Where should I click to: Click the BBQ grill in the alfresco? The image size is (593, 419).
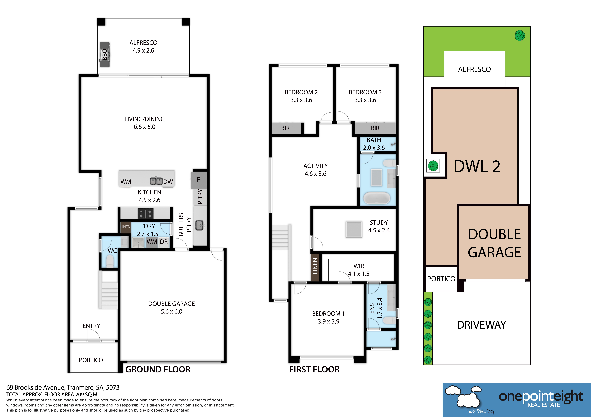[105, 54]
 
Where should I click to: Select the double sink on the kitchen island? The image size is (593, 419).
[156, 181]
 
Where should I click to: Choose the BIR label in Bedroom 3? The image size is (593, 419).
[375, 128]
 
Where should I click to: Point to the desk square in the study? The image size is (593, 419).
[354, 229]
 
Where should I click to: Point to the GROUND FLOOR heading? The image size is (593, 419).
[158, 369]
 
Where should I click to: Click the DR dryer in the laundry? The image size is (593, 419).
[164, 242]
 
